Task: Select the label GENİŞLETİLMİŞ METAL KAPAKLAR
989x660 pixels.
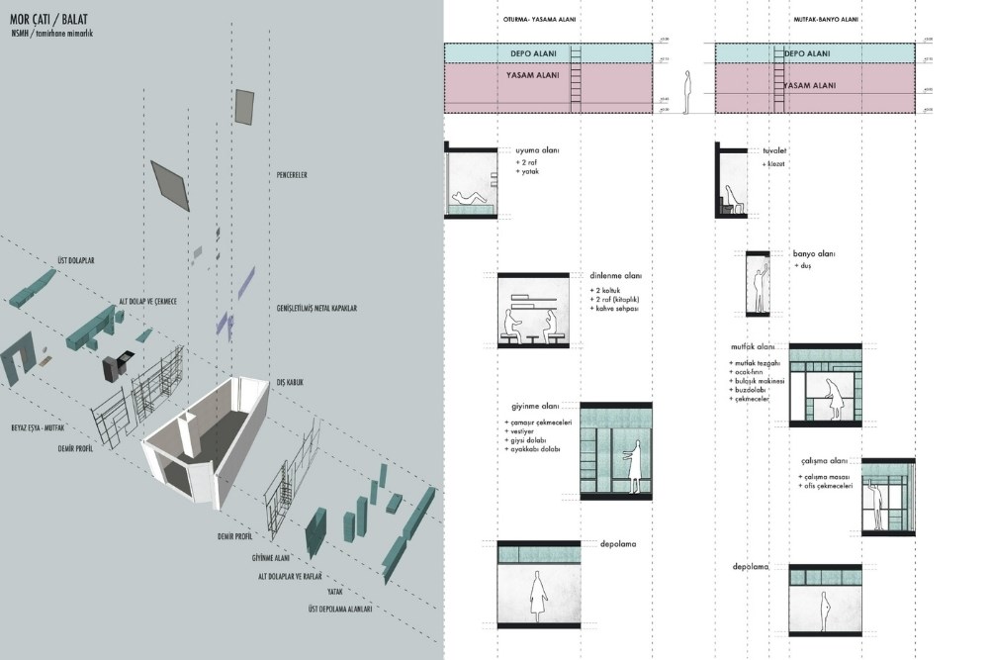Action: point(316,309)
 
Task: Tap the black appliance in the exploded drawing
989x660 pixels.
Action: point(116,365)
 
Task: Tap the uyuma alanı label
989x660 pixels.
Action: point(537,150)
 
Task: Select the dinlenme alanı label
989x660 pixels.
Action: point(615,276)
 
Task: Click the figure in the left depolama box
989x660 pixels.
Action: point(538,598)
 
